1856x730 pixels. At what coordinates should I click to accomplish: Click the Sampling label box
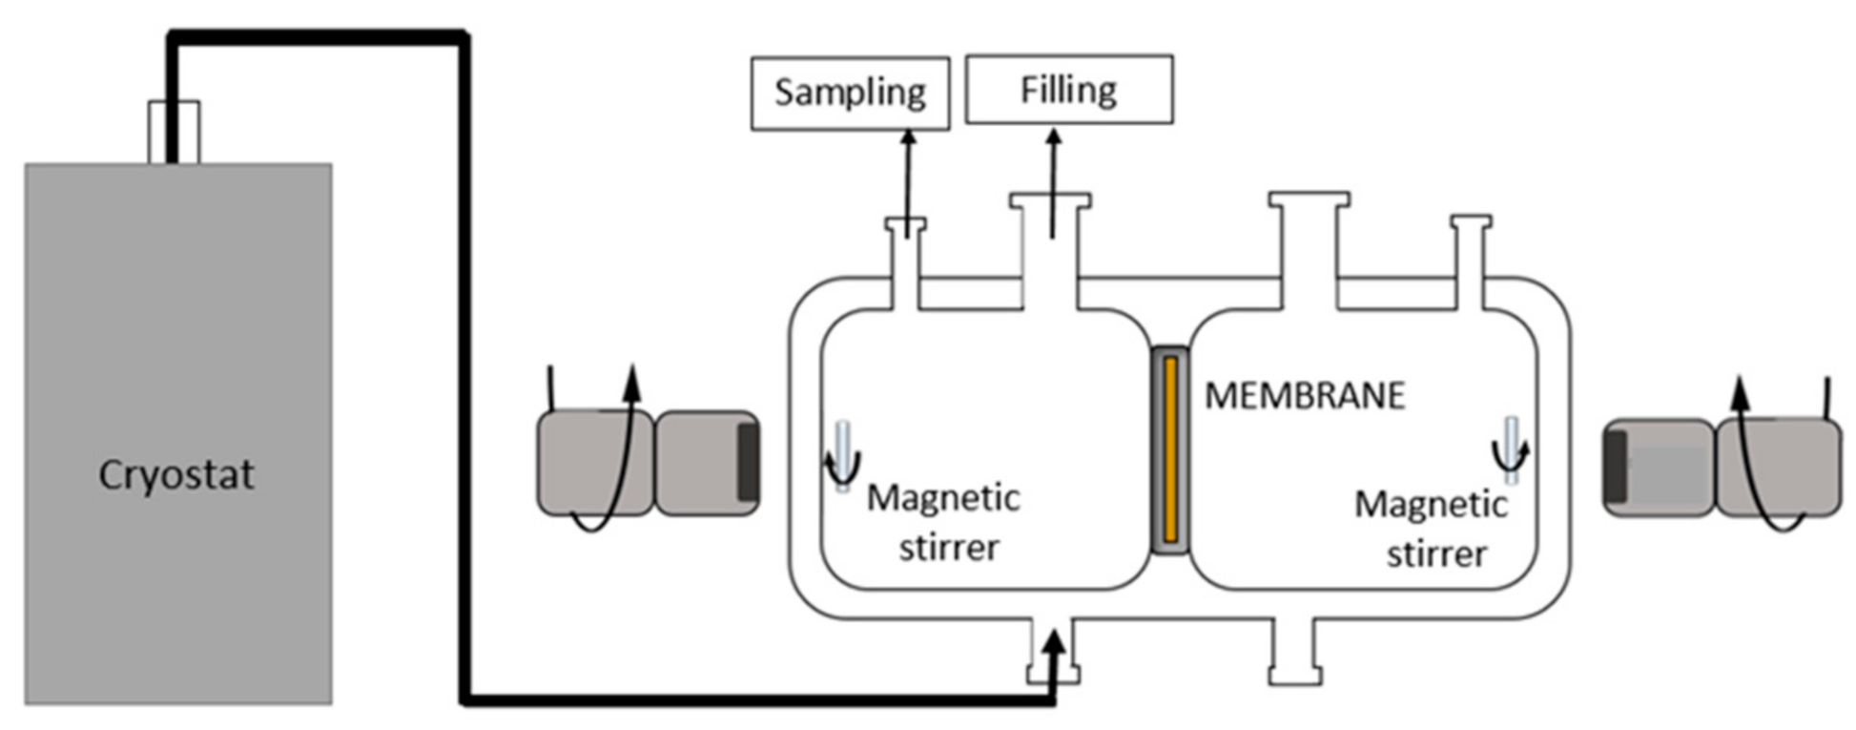tap(850, 93)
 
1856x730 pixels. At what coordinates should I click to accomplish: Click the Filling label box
tap(1068, 90)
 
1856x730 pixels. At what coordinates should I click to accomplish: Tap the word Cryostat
tap(176, 474)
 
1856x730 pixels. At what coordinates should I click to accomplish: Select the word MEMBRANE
tap(1305, 395)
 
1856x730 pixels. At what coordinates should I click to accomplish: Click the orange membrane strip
tap(1170, 449)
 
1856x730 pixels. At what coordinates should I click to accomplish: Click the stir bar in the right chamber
tap(1512, 449)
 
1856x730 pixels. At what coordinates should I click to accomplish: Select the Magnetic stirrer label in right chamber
tap(1432, 529)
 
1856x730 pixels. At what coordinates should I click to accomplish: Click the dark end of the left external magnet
tap(748, 463)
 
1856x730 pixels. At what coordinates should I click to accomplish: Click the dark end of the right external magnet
tap(1615, 468)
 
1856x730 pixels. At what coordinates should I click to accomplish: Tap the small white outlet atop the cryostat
tap(175, 132)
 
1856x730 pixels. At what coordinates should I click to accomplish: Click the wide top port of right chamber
tap(1309, 239)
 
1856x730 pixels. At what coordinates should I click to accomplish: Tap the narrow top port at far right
tap(1470, 258)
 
